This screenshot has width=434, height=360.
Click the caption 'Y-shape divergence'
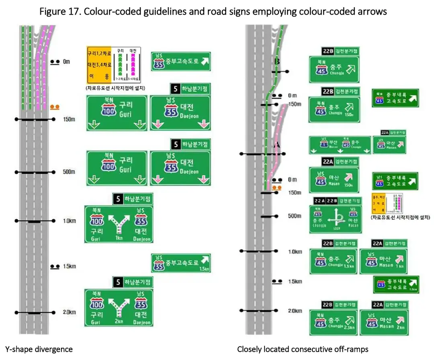pos(39,349)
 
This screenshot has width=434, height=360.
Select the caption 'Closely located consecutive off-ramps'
pos(303,349)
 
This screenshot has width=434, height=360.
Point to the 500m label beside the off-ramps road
pos(295,216)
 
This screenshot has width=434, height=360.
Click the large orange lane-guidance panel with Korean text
pos(99,65)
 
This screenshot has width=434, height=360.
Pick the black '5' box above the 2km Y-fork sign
pos(118,282)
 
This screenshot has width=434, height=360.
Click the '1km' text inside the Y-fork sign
pos(119,238)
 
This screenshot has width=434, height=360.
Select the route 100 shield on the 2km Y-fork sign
pos(97,303)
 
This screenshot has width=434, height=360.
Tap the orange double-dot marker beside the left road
pos(55,107)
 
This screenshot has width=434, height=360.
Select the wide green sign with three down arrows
pos(340,145)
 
